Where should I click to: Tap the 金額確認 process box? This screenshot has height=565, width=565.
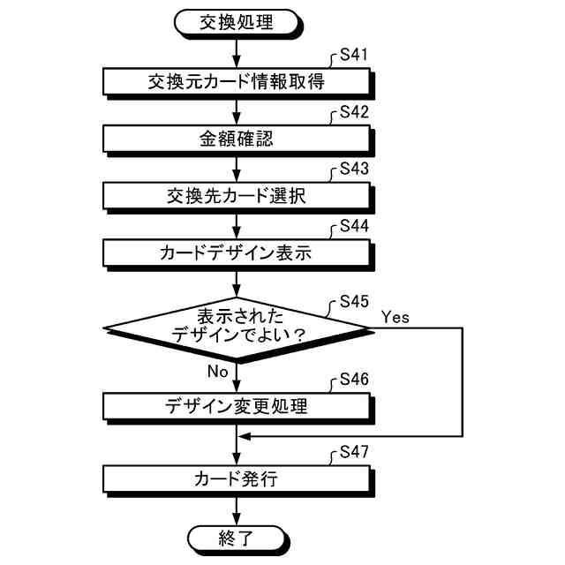(237, 139)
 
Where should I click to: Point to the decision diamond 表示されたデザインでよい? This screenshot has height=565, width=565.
(237, 327)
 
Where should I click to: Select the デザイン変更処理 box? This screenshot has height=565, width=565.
(237, 406)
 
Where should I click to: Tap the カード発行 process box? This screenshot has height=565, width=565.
(237, 479)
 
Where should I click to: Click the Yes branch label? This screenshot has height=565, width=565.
(395, 315)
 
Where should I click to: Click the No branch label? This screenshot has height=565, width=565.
(217, 372)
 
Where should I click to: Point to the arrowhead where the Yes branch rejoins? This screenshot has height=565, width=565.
(245, 436)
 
